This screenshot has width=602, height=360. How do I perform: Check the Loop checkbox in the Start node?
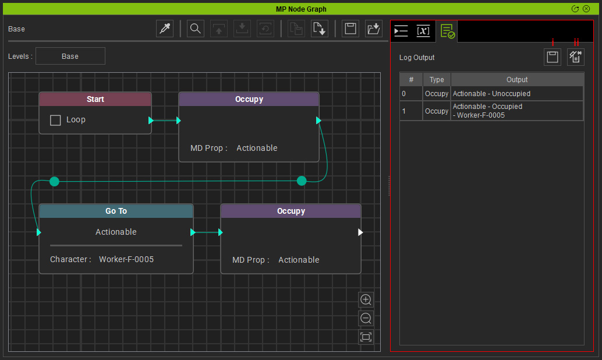click(55, 120)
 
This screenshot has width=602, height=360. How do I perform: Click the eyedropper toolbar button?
click(165, 29)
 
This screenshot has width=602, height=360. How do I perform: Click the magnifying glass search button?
click(196, 29)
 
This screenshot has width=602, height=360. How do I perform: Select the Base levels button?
click(70, 56)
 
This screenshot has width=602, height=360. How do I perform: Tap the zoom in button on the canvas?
click(366, 299)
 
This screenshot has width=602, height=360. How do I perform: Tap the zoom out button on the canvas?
click(366, 318)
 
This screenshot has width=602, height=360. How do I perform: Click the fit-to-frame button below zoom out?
click(366, 337)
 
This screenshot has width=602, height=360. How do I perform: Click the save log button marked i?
click(553, 57)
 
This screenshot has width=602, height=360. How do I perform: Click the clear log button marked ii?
click(575, 57)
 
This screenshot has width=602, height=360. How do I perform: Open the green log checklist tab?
click(447, 31)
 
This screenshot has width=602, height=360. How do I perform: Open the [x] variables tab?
click(423, 31)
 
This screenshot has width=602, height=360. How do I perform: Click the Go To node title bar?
click(116, 211)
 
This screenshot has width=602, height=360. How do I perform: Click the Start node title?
click(95, 99)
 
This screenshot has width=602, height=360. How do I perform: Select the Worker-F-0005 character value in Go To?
click(126, 259)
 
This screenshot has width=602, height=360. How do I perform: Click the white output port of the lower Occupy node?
click(360, 232)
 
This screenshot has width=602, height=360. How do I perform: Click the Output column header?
click(517, 80)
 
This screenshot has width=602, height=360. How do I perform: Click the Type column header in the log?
click(437, 80)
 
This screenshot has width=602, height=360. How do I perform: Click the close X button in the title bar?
click(586, 9)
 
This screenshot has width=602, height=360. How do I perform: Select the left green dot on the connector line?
click(55, 181)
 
